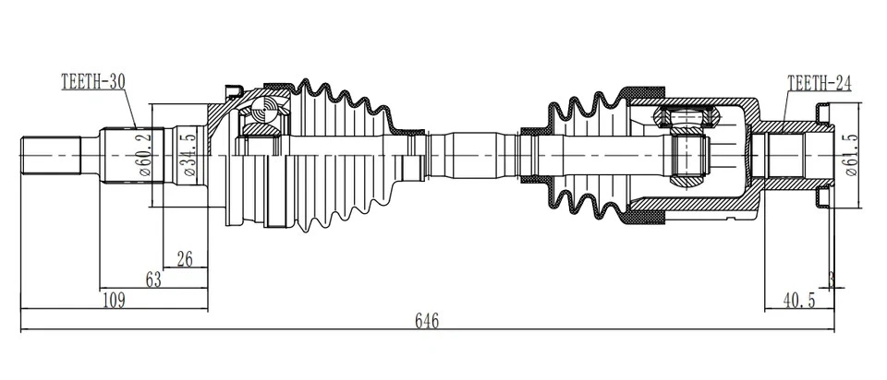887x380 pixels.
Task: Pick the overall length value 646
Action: click(425, 321)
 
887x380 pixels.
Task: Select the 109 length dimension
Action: click(114, 300)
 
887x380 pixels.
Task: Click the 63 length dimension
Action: click(153, 279)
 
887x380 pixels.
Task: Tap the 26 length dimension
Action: click(184, 259)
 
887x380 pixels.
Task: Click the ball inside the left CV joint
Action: click(266, 115)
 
